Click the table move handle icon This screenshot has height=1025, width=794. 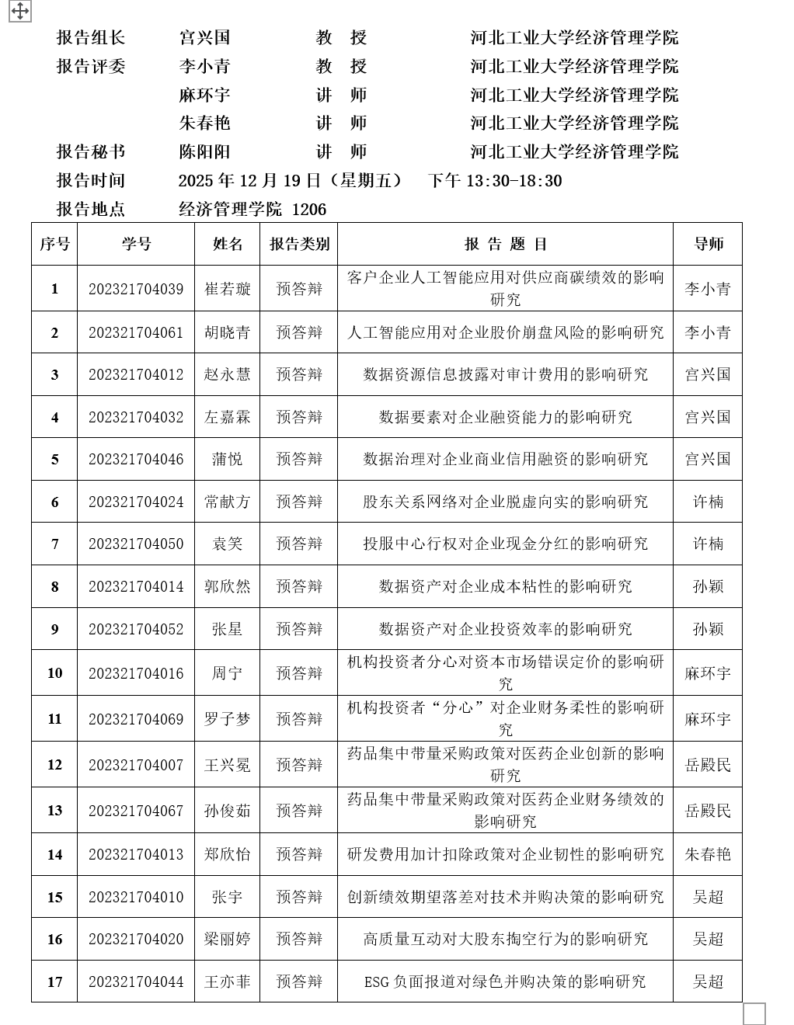coord(19,11)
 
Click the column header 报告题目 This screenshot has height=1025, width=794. coord(506,244)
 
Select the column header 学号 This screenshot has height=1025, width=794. coord(136,244)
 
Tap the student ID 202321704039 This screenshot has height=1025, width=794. coord(136,289)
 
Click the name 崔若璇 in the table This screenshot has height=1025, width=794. coord(228,289)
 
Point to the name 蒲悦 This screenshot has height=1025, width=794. coord(228,459)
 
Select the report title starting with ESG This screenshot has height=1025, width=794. coord(505,982)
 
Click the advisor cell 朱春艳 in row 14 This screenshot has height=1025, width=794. coord(708,854)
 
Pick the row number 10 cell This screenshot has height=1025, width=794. coord(54,672)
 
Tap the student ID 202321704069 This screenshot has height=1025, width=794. coord(136,719)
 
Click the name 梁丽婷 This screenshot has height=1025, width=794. coord(228,939)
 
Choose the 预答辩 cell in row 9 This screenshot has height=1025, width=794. coord(299,629)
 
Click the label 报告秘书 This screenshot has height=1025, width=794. coord(91,151)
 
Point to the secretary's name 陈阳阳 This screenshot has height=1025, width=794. coord(204,151)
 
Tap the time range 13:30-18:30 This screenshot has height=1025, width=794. coord(514,180)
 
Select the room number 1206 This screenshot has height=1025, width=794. coord(309,209)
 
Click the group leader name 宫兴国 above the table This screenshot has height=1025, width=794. coord(204,37)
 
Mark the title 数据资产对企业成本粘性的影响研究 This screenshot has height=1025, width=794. coord(505,586)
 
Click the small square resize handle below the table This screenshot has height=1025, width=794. coord(754,1013)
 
